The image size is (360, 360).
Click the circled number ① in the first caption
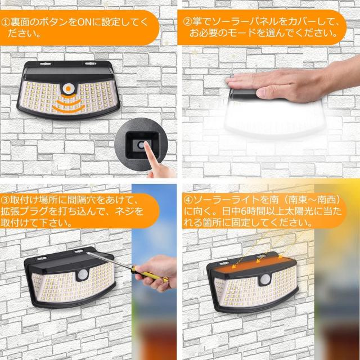pyautogui.click(x=5, y=22)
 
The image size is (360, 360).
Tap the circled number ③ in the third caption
pyautogui.click(x=4, y=200)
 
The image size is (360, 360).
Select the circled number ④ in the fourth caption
pyautogui.click(x=187, y=200)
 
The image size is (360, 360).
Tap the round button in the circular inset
pyautogui.click(x=141, y=145)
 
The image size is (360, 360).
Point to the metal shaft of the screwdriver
pyautogui.click(x=110, y=260)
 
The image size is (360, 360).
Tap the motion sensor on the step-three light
pyautogui.click(x=82, y=274)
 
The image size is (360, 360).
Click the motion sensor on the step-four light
pyautogui.click(x=265, y=280)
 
